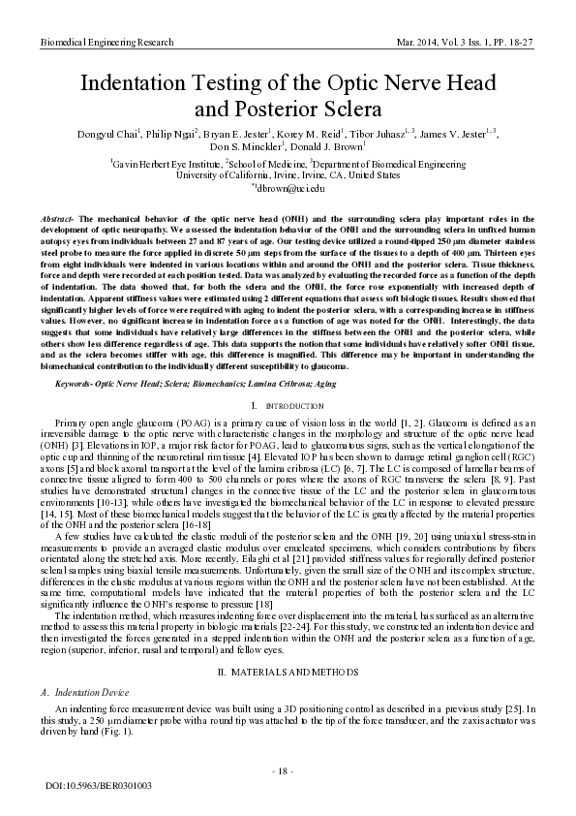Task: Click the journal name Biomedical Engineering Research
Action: pos(106,44)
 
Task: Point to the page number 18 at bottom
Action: pos(288,770)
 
